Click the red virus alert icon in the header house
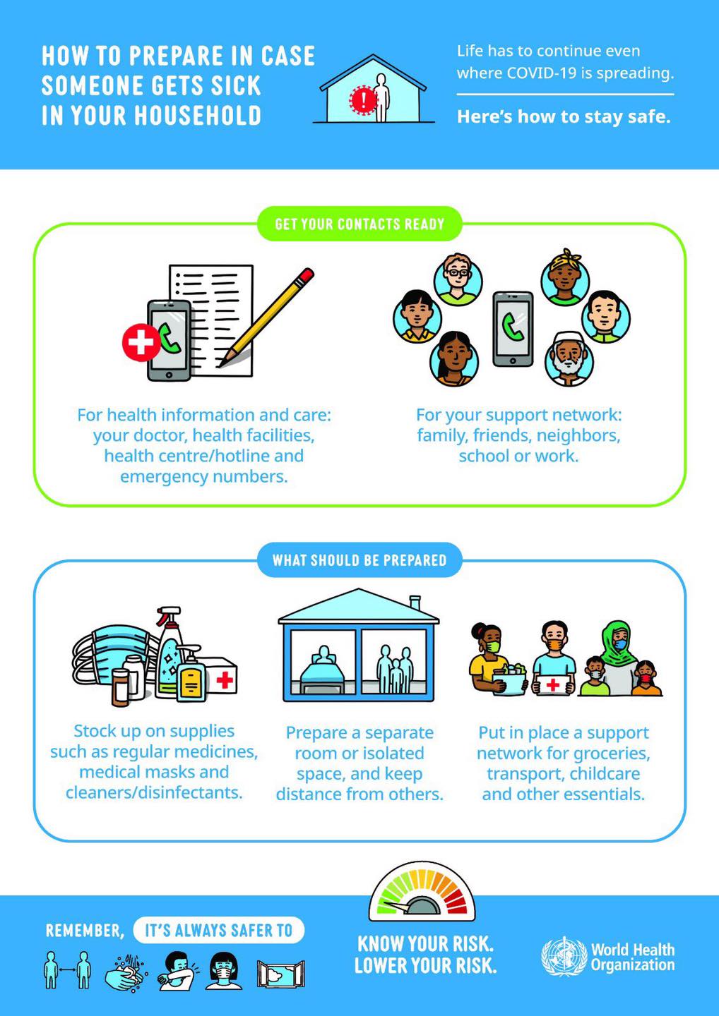[x=363, y=99]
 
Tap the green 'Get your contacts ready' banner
[x=359, y=224]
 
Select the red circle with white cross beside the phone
[x=141, y=342]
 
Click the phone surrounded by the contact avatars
[x=513, y=329]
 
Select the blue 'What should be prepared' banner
[x=359, y=560]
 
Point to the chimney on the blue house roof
[x=415, y=603]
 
